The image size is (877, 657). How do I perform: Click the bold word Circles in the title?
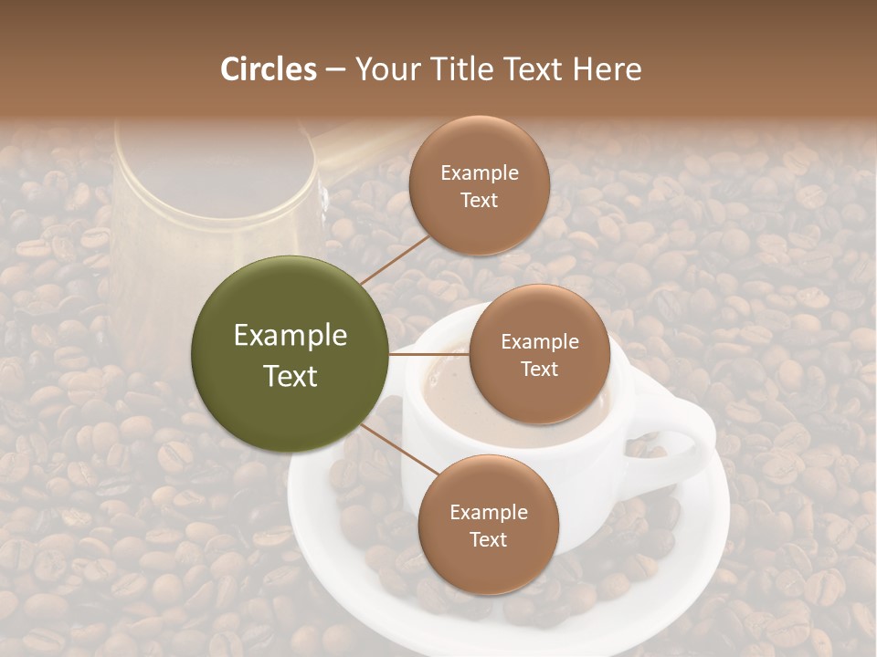(x=268, y=69)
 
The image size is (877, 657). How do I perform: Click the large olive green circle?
(x=290, y=354)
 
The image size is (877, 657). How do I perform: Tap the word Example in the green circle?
(x=290, y=336)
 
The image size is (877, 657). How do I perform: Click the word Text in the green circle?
(x=290, y=376)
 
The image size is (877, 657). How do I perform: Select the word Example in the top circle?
(x=479, y=173)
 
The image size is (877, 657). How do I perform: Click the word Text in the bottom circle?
(x=488, y=539)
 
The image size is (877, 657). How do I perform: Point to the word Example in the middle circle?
(x=539, y=342)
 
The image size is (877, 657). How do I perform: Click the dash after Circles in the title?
(x=334, y=69)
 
